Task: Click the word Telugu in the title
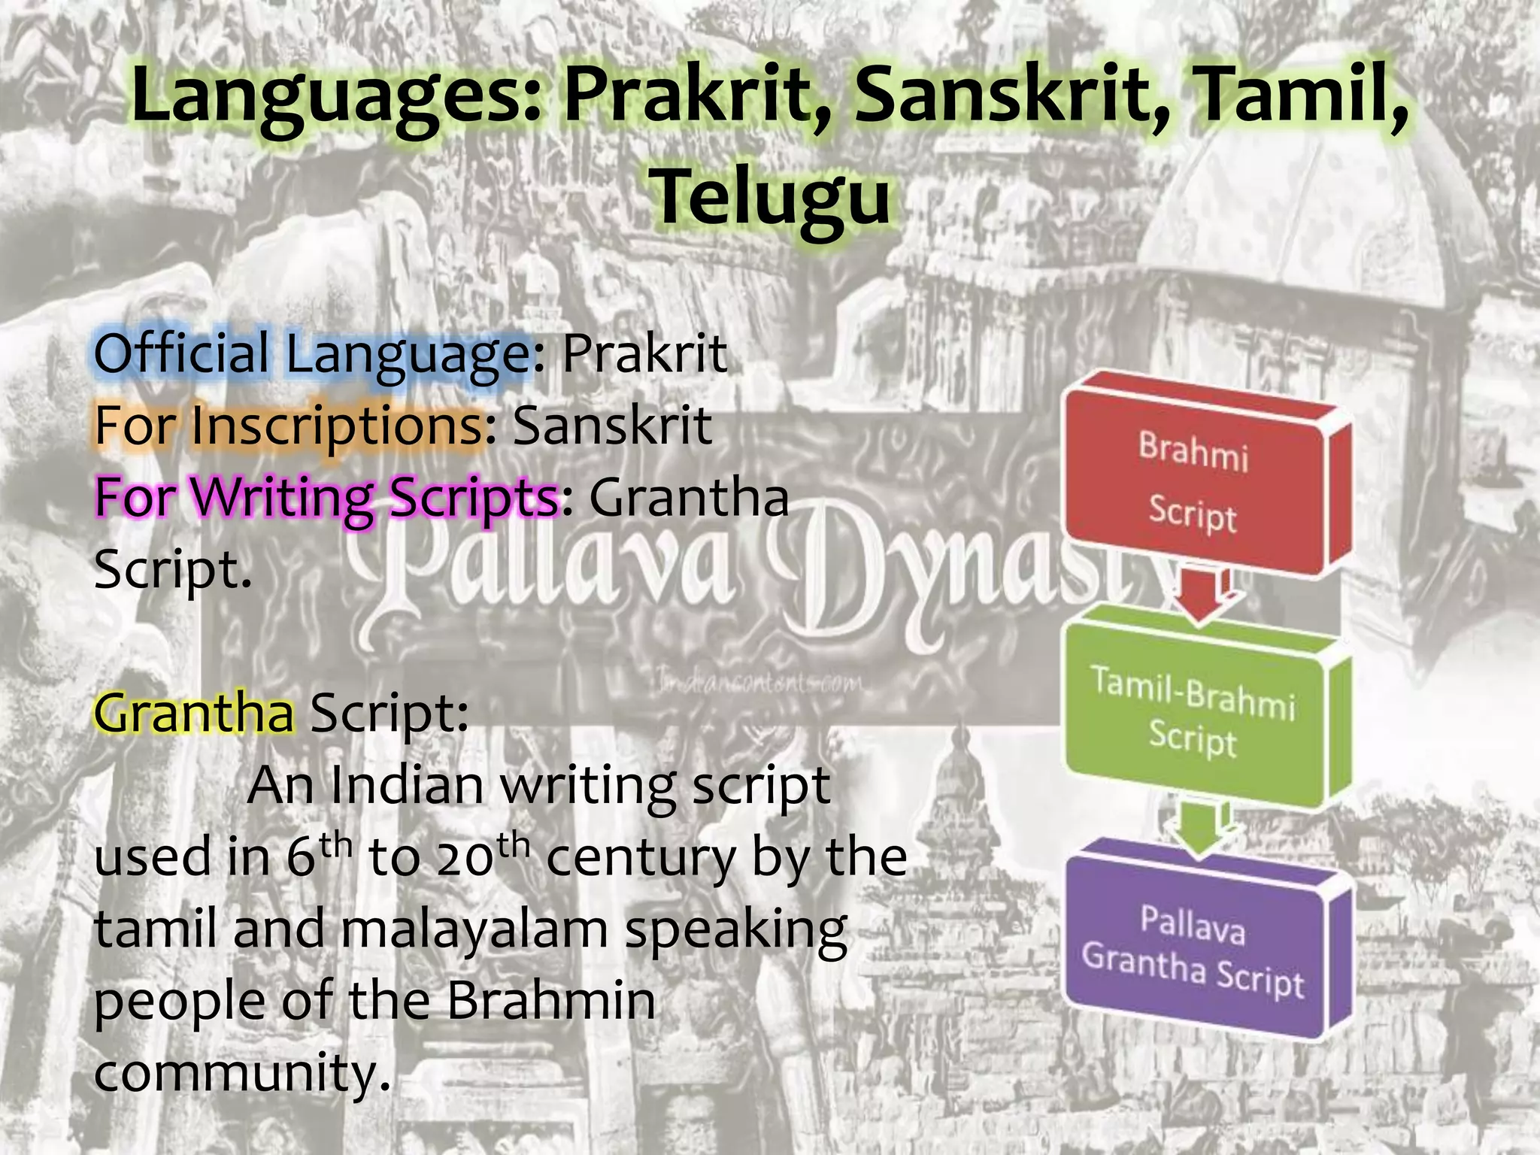point(772,197)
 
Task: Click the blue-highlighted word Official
point(181,353)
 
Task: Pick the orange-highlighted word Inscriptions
point(338,426)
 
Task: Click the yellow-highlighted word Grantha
point(194,713)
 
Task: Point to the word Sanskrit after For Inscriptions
point(612,426)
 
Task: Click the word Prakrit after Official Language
point(645,353)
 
